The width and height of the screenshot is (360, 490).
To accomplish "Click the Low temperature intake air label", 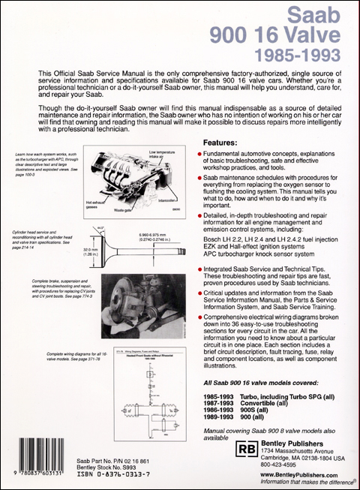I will (151, 157).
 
